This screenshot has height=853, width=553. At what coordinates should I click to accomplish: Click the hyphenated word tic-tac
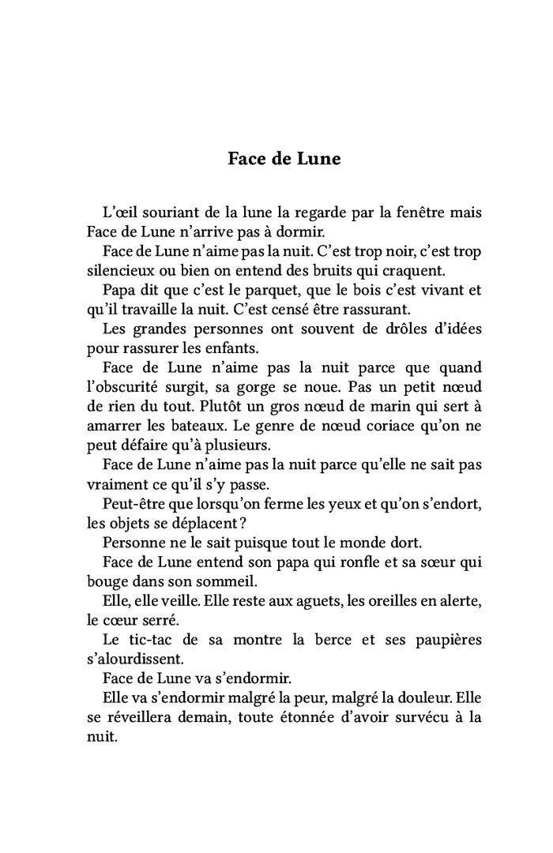tap(155, 639)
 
